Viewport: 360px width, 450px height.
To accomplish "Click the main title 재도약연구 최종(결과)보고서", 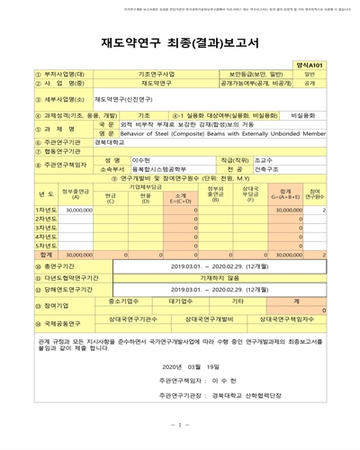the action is pos(179,42).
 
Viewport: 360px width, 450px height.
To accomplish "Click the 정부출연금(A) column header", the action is pos(76,192).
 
